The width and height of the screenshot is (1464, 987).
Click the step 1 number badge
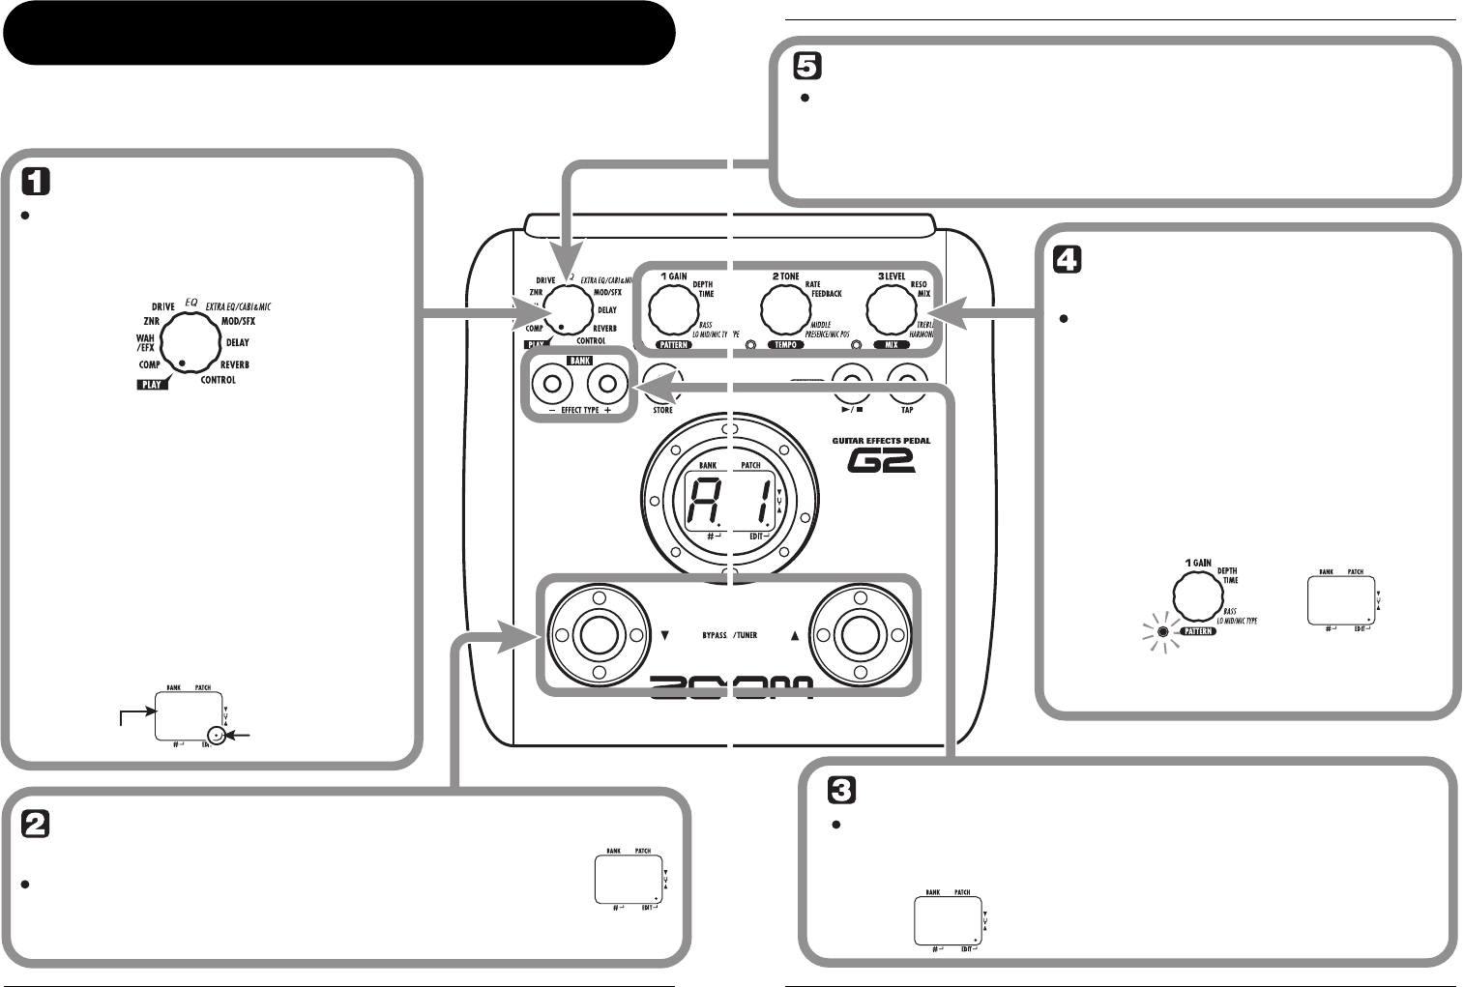(35, 182)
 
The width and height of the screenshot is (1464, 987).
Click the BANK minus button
(553, 385)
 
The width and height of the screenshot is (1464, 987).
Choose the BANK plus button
(606, 385)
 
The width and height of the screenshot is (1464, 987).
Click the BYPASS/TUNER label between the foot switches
(729, 635)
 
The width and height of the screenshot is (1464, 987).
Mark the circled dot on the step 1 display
(220, 736)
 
